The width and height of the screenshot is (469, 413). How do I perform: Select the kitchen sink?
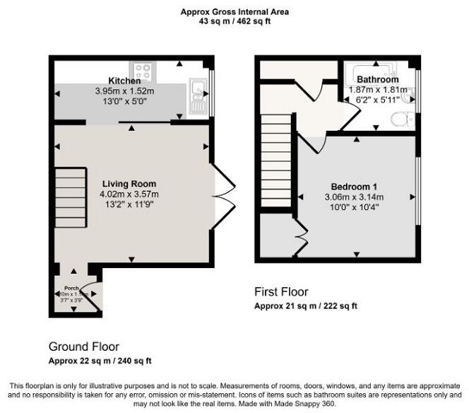pyautogui.click(x=196, y=93)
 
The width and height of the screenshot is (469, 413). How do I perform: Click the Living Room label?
pyautogui.click(x=128, y=184)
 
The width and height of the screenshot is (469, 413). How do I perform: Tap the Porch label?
pyautogui.click(x=71, y=289)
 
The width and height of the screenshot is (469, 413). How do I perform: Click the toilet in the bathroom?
pyautogui.click(x=405, y=120)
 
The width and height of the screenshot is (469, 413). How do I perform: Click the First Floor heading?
pyautogui.click(x=281, y=291)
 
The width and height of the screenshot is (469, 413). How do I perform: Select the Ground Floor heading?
pyautogui.click(x=83, y=347)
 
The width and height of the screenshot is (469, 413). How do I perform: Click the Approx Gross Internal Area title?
pyautogui.click(x=235, y=11)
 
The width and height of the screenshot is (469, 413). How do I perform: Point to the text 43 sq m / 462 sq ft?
pyautogui.click(x=235, y=22)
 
